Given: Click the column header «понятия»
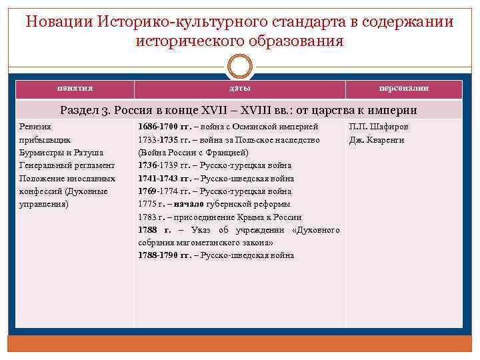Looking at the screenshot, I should coord(75,89).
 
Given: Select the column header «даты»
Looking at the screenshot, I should coord(240,89).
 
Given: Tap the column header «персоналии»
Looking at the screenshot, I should coord(403,89).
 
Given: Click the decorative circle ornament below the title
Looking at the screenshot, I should coord(240,67).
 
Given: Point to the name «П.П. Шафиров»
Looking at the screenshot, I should coord(379,127).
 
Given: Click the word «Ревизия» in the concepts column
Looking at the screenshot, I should coord(35,127).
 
